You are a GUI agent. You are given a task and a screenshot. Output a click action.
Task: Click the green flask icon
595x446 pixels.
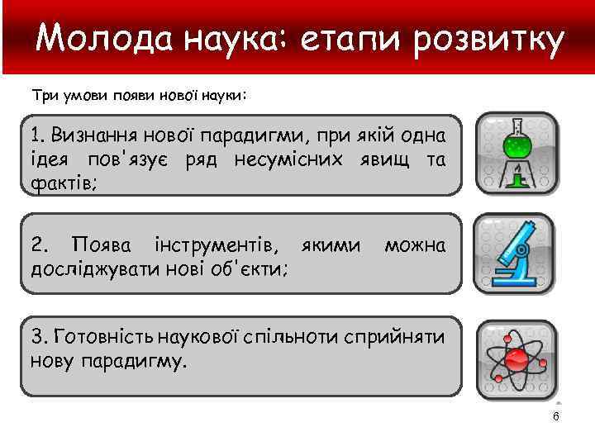(516, 153)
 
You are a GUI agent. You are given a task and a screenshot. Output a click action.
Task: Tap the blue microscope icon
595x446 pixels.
(516, 253)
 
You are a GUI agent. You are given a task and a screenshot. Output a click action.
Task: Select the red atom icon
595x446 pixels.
(516, 357)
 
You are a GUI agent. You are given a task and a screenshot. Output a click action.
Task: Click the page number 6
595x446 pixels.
(556, 416)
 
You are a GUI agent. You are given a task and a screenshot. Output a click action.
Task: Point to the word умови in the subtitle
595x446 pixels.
(80, 96)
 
